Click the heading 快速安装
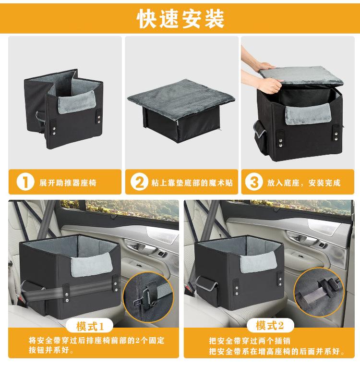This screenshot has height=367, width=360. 180,19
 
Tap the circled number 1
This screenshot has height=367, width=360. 25,182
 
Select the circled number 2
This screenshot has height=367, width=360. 139,182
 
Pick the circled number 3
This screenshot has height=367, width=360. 254,182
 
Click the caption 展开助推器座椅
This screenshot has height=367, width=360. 68,183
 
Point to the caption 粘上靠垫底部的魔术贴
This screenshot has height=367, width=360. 192,183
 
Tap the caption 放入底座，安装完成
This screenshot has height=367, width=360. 304,183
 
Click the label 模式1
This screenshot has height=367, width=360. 90,326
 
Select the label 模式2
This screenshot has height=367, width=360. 270,325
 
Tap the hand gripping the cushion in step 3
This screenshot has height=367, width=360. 269,86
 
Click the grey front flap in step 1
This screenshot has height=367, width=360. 77,102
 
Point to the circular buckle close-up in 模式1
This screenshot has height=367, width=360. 148,297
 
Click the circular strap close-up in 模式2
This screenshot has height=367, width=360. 319,293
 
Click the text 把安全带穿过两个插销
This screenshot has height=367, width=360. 250,341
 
